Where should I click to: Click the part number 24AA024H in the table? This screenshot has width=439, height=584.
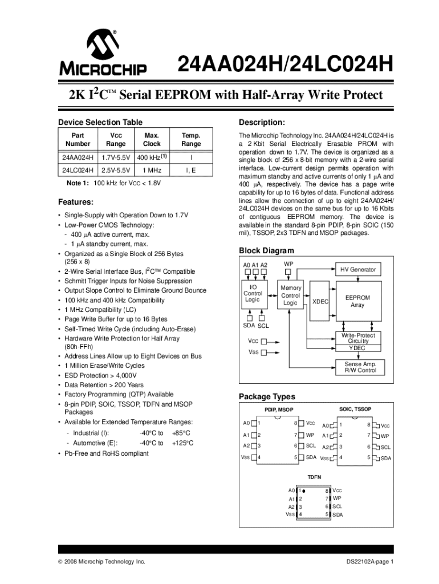[x=78, y=157]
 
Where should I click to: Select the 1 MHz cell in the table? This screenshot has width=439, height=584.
[x=151, y=171]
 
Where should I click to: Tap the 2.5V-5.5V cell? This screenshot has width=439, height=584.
[x=116, y=171]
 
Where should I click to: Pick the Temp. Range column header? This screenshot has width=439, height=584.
[x=191, y=140]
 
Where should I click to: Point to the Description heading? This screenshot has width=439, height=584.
[x=262, y=123]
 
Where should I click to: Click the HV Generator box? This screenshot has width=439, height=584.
[x=358, y=270]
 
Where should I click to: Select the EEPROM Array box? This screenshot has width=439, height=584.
[x=357, y=301]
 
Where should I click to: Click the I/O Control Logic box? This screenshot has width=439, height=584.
[x=253, y=293]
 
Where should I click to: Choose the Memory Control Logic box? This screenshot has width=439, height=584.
[x=291, y=295]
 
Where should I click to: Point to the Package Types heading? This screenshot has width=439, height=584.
[x=267, y=397]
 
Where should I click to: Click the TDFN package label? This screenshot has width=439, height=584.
[x=315, y=476]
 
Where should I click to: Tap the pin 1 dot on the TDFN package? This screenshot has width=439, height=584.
[x=304, y=490]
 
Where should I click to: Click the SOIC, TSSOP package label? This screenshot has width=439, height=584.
[x=355, y=409]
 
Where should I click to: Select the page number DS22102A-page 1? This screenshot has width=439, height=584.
[x=370, y=562]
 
